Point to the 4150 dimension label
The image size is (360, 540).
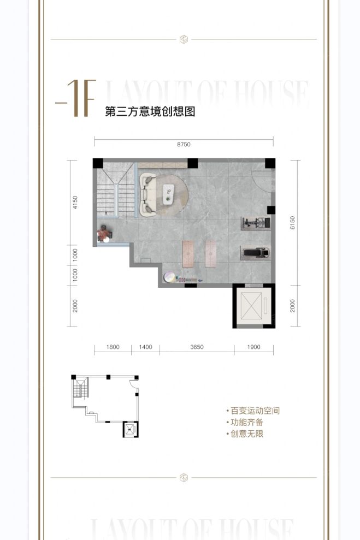point(75,203)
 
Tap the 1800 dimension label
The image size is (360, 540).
point(113,347)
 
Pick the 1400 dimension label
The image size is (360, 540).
point(145,347)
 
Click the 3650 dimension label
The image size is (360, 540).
point(197,347)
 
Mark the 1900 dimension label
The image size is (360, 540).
point(253,347)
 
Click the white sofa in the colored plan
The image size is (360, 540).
point(147,194)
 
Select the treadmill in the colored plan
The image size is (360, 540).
point(256,253)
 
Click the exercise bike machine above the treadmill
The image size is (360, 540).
point(256,223)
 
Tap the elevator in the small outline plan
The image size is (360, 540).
point(130,429)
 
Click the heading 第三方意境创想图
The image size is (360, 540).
point(150,112)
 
